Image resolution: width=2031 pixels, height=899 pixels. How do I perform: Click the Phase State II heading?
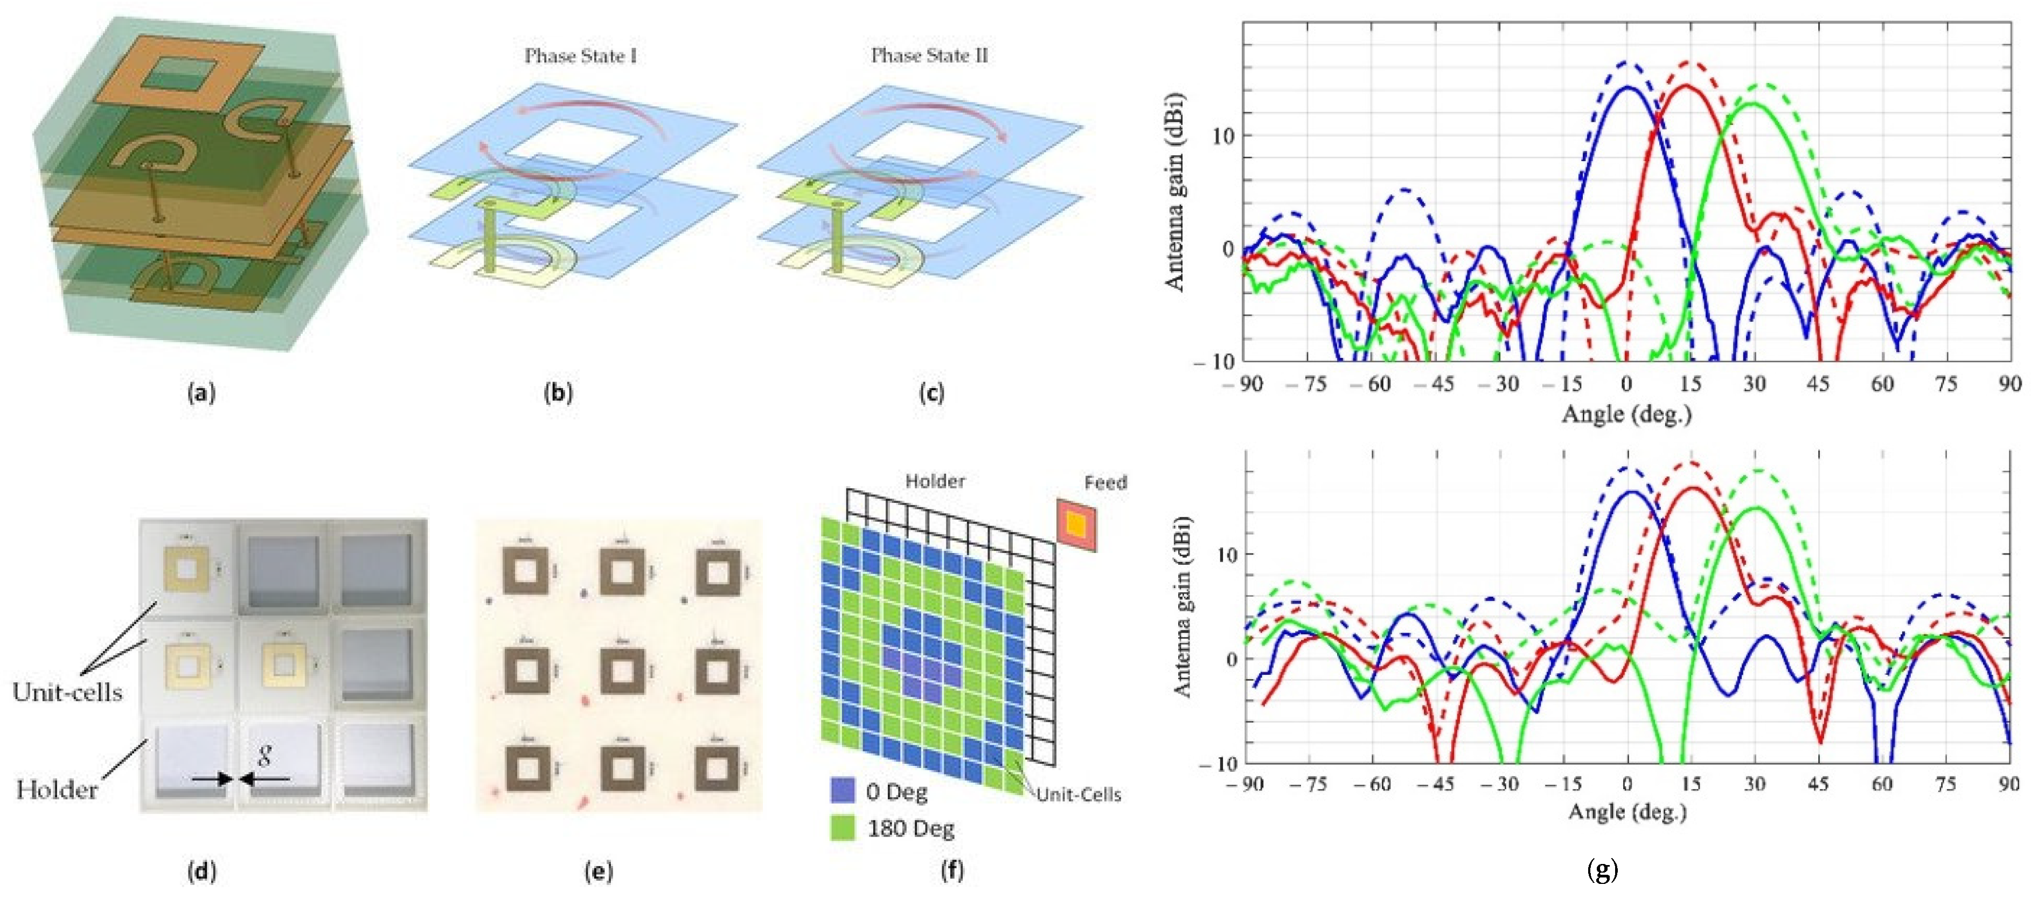929,56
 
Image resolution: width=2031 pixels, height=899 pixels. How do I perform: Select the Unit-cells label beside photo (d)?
68,693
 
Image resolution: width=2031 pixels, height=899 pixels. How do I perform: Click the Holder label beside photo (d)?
57,790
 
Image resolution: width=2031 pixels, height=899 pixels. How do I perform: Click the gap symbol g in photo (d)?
266,756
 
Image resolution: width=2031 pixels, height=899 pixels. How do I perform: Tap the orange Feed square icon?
1077,524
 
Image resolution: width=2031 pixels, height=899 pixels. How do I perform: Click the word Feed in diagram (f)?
1105,482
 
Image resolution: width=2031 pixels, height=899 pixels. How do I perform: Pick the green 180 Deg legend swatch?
843,828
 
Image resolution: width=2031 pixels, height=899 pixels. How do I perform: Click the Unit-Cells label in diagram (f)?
1078,795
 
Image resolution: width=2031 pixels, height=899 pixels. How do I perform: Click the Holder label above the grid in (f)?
935,481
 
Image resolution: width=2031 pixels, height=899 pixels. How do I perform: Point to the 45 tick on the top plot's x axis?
1818,384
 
